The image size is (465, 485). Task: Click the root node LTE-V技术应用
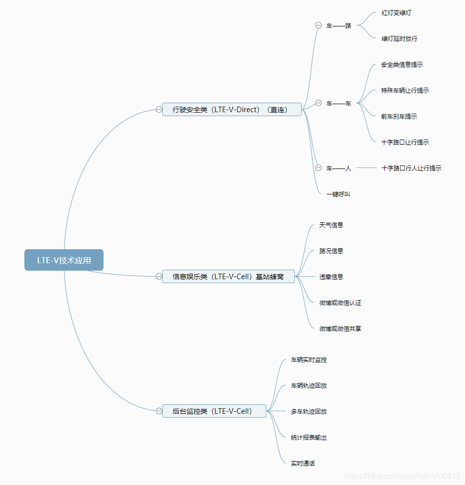click(x=64, y=260)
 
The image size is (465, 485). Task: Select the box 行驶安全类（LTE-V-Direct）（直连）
click(x=232, y=110)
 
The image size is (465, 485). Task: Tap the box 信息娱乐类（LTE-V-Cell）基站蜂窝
click(x=229, y=277)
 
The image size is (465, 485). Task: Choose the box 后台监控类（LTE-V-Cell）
click(x=214, y=411)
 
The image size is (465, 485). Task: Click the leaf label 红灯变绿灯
click(x=396, y=12)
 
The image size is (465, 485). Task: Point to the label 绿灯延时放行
click(x=399, y=38)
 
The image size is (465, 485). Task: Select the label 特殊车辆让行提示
click(x=405, y=90)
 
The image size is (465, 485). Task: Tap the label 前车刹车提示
click(x=399, y=116)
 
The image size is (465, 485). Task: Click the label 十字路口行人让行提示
click(x=411, y=168)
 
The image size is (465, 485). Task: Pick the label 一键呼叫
click(x=338, y=194)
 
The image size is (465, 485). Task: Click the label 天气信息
click(x=331, y=225)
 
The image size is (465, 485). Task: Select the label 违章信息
click(x=331, y=277)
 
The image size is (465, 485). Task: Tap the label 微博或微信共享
click(x=340, y=328)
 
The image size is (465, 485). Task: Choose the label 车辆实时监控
click(x=309, y=359)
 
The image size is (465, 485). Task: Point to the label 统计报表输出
click(x=309, y=437)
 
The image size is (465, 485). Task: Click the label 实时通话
click(x=303, y=463)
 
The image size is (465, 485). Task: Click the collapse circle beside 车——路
click(x=318, y=25)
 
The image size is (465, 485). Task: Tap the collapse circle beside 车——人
click(x=318, y=168)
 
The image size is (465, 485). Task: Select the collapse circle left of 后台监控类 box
click(x=159, y=411)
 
